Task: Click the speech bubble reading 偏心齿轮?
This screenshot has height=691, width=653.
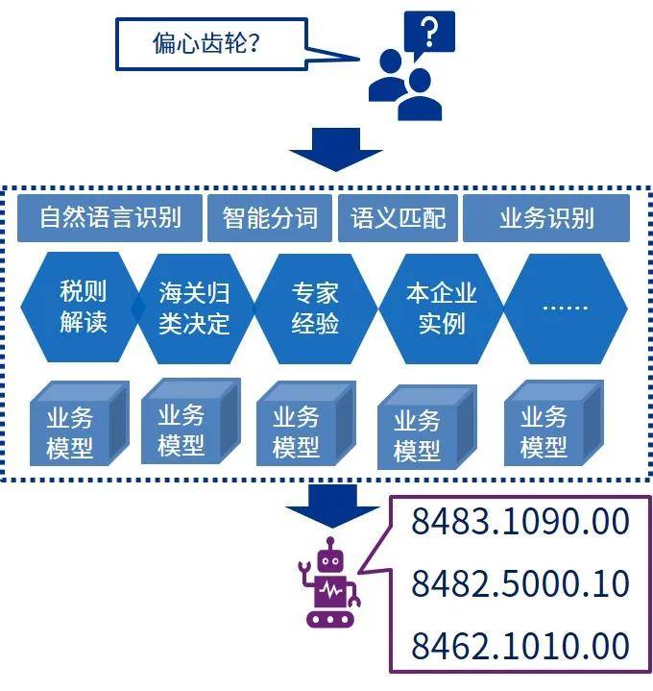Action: point(211,44)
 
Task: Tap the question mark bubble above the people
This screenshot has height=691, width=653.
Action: point(428,37)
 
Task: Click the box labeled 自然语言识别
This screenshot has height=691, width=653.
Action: point(110,218)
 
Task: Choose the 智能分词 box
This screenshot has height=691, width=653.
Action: point(270,218)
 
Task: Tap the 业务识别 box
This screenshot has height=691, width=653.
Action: point(545,218)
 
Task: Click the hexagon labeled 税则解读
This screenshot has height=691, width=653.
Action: point(83,308)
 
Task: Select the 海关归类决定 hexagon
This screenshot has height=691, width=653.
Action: point(195,308)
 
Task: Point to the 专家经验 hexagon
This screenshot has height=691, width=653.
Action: point(315,308)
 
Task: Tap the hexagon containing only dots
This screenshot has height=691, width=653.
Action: point(566,308)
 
